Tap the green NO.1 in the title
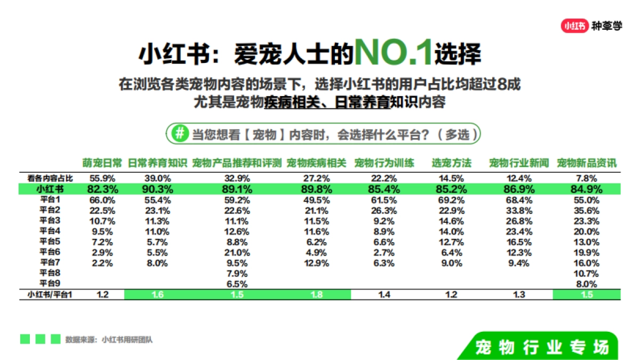tap(394, 53)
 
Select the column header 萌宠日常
tap(102, 163)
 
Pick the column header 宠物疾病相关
tap(316, 163)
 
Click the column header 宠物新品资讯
tap(586, 163)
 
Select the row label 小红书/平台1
tap(50, 294)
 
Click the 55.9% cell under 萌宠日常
tap(102, 178)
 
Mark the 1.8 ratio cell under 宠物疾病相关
tap(316, 294)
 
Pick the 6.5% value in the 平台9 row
tap(237, 284)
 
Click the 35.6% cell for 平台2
tap(586, 210)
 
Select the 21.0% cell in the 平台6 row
tap(237, 252)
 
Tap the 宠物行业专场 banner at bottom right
tap(541, 347)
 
